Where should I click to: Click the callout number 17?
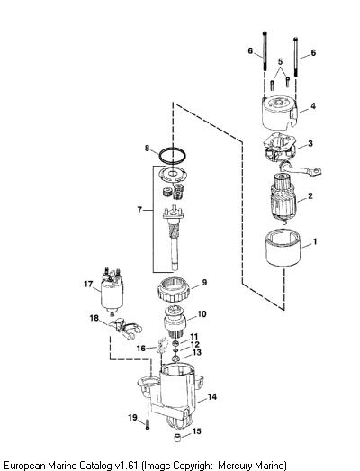tap(88, 284)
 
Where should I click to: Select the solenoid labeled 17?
tap(112, 292)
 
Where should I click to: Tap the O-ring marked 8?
tap(172, 156)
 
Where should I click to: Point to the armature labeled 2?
tap(283, 199)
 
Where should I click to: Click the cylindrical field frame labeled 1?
tap(283, 252)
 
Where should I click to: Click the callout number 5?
tap(280, 62)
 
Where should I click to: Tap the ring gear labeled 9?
tap(175, 290)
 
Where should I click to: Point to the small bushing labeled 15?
tap(177, 438)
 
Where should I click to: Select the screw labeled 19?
tap(148, 425)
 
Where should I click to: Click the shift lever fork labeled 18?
tap(125, 328)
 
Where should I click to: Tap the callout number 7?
tap(139, 210)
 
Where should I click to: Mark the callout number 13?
tap(197, 352)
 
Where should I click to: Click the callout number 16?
tap(141, 349)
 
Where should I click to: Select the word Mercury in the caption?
tap(236, 465)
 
